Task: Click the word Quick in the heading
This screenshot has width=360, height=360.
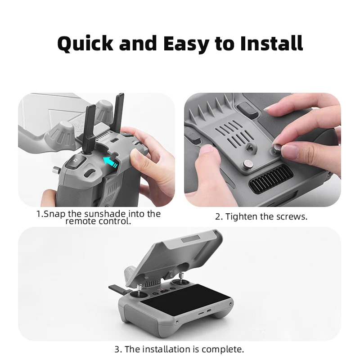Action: pos(85,43)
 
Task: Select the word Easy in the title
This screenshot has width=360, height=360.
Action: pos(186,44)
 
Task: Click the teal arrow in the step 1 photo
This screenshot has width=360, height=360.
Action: pos(110,162)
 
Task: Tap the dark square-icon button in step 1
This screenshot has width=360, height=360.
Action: pos(76,162)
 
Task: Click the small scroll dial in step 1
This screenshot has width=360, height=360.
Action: pos(89,173)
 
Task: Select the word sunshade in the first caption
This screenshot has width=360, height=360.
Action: pos(105,214)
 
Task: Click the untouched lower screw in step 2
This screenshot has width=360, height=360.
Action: pos(248,164)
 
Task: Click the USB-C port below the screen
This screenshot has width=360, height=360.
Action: pos(209,310)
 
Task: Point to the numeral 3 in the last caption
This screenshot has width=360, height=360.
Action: pos(117,350)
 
